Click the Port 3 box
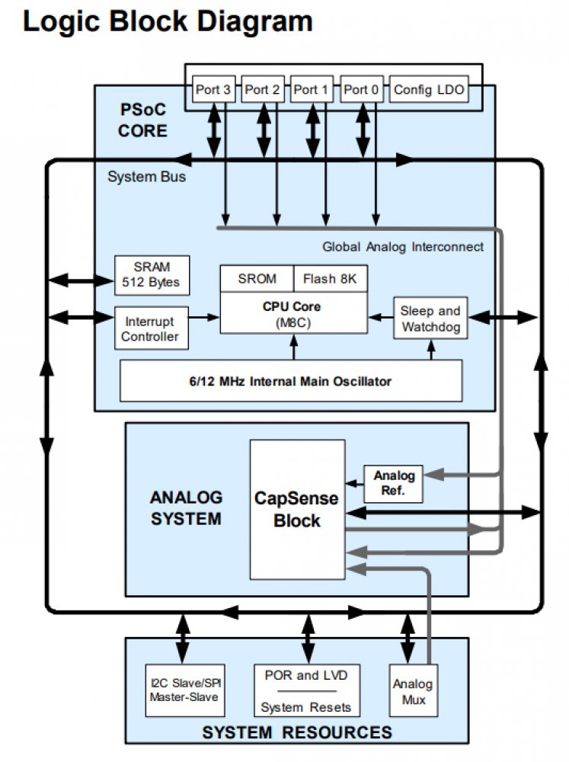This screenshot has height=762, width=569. point(213,90)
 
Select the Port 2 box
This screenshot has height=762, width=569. point(263,90)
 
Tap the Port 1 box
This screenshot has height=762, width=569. point(312,90)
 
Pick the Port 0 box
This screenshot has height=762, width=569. point(361,90)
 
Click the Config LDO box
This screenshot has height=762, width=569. point(428,90)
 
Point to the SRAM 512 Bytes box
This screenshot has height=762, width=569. point(151,274)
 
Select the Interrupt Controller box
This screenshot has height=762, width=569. point(151,328)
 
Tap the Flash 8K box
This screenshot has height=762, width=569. point(329,279)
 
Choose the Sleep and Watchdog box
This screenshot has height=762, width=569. point(430,318)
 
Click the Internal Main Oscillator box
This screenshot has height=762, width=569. point(291,381)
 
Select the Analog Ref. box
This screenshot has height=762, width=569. point(393,483)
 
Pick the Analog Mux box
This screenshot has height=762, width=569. point(412,690)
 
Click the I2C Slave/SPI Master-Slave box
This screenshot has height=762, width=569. point(186,690)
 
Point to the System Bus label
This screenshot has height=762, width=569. point(146,177)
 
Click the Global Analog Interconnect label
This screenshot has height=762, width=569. point(403,247)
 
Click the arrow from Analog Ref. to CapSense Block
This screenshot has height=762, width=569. point(354,483)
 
